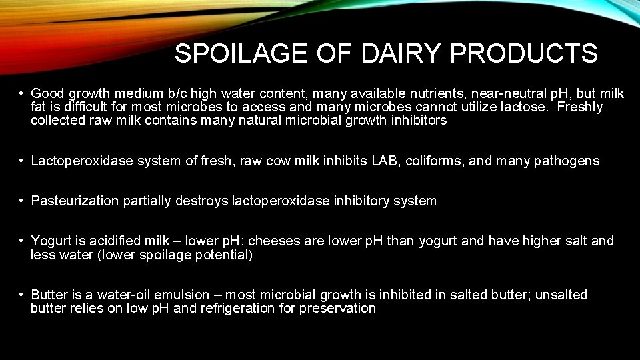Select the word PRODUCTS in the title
(x=524, y=54)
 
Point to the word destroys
(x=201, y=201)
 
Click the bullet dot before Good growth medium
(x=22, y=94)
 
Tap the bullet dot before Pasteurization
(x=22, y=201)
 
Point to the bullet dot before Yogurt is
(x=22, y=241)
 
